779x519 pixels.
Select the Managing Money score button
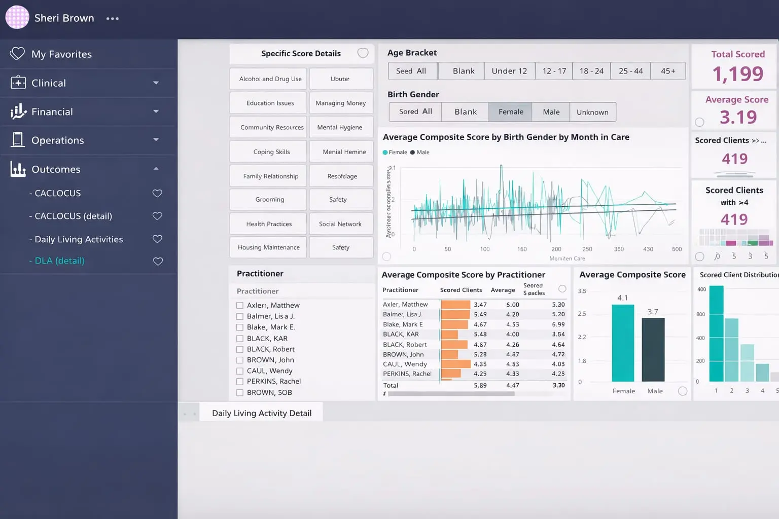pos(341,103)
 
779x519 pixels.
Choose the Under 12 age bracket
pos(509,71)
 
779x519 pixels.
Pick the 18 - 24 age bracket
pos(591,71)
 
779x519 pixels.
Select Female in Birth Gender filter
pos(510,112)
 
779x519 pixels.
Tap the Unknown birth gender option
pos(592,112)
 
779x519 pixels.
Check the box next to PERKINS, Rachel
pos(240,382)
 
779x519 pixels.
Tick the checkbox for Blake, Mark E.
pos(240,327)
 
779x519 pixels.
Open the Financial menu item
pos(52,112)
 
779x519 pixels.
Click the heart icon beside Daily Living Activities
pos(158,239)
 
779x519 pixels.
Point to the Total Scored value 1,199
pos(737,74)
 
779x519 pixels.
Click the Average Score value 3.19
pos(738,117)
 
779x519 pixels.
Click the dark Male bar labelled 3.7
pos(653,350)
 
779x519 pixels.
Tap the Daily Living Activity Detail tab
pos(262,413)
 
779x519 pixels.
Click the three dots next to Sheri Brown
pos(113,19)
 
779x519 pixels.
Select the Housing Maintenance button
pos(268,247)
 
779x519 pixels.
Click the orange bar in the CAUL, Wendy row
pos(455,364)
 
